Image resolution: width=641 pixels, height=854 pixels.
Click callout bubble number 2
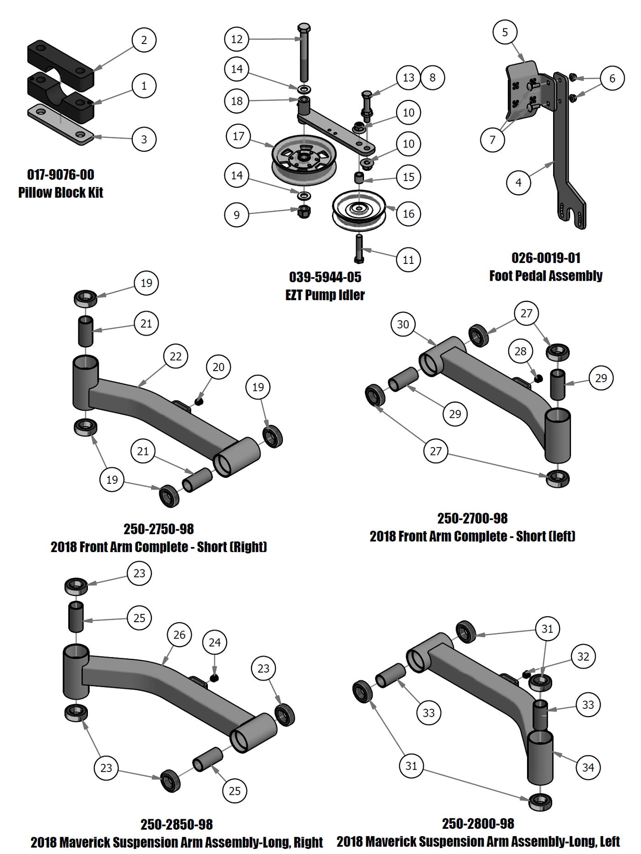click(144, 40)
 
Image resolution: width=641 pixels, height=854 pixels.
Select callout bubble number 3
click(144, 139)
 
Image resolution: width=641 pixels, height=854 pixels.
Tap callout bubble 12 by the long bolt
click(237, 39)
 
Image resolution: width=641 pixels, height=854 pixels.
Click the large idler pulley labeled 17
click(304, 159)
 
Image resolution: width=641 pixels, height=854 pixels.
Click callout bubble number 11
click(408, 259)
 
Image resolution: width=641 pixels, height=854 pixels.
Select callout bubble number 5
click(505, 32)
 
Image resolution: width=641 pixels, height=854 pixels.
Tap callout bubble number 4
click(518, 182)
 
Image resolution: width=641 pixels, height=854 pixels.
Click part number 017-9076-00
click(61, 175)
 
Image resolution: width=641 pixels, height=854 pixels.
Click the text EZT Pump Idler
click(325, 295)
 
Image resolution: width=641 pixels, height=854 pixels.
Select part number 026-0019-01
click(546, 257)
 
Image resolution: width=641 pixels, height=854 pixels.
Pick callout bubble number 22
click(176, 356)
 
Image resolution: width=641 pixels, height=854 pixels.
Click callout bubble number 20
click(218, 367)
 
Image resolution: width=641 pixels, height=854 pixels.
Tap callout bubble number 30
click(403, 324)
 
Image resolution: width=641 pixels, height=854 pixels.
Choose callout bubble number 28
click(521, 351)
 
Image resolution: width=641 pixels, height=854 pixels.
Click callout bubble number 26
click(179, 634)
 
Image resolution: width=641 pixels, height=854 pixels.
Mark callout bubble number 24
click(215, 642)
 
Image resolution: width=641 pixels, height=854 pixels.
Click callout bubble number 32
click(583, 657)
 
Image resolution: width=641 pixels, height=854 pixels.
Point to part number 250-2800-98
click(478, 823)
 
